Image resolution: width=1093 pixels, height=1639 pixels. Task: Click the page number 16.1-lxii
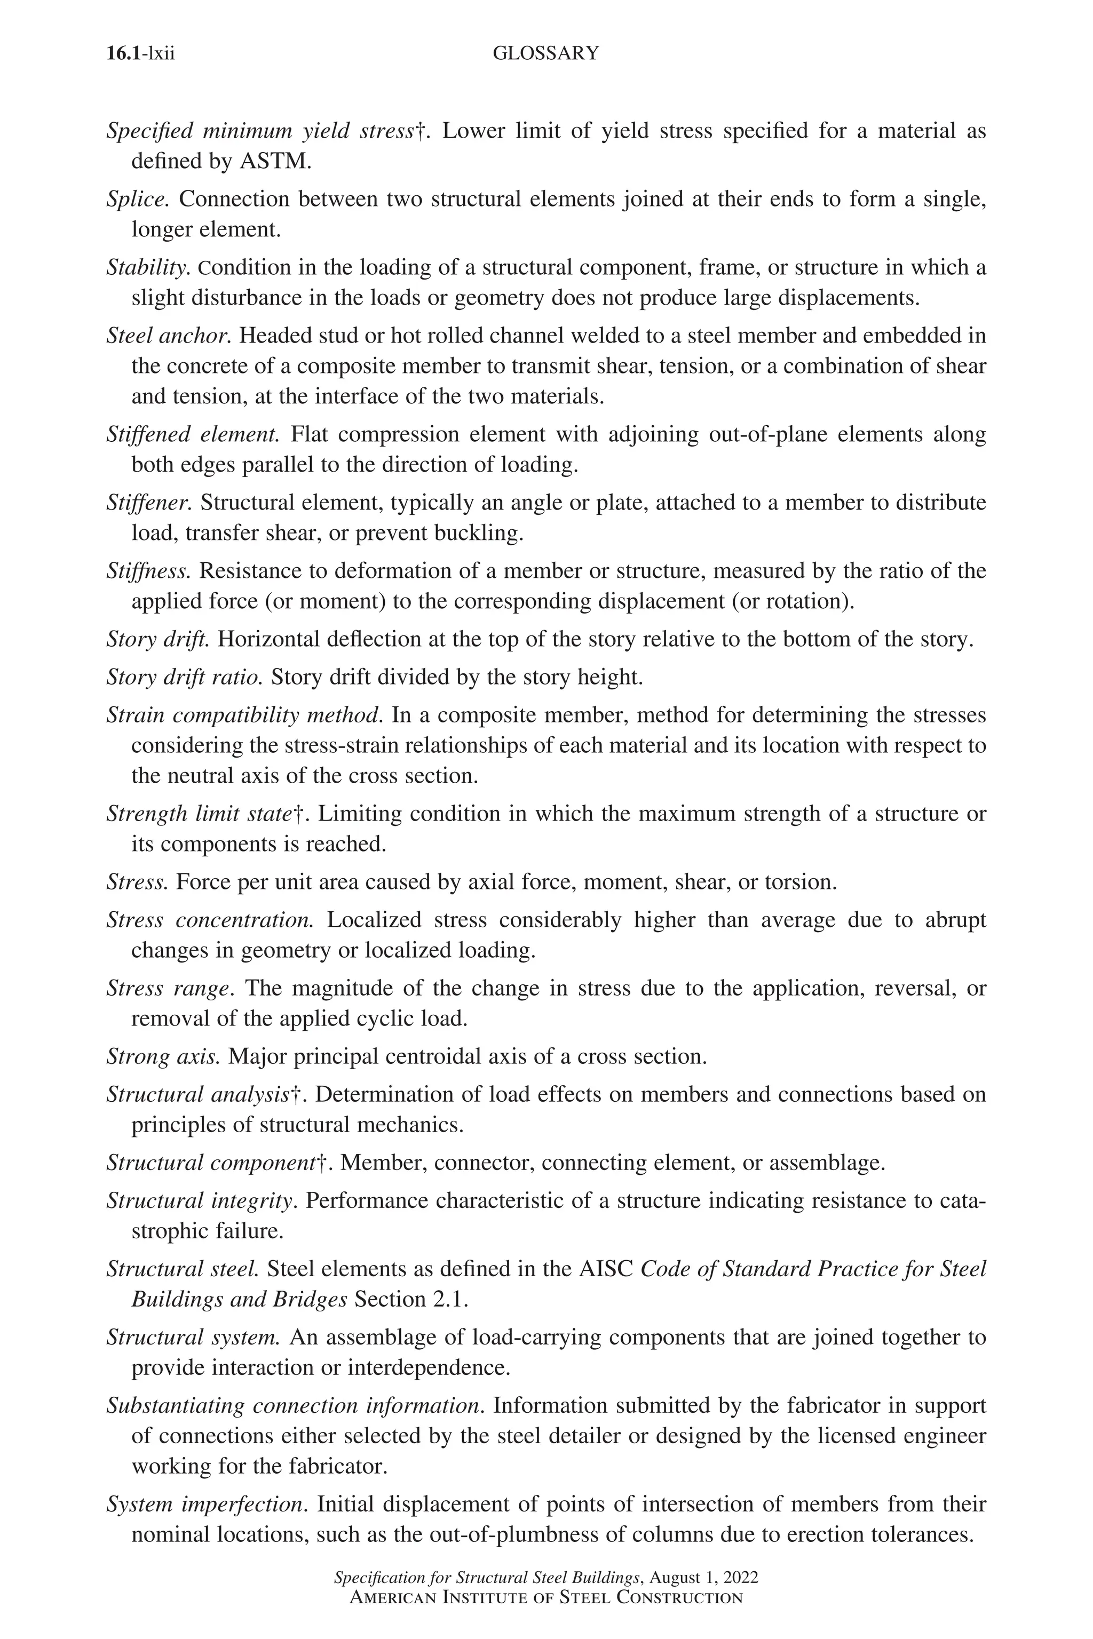coord(141,54)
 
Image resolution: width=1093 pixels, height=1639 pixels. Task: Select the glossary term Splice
coord(137,200)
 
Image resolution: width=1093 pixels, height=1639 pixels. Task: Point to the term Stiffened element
coord(192,435)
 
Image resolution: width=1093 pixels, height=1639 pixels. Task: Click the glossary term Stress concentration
coord(210,920)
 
